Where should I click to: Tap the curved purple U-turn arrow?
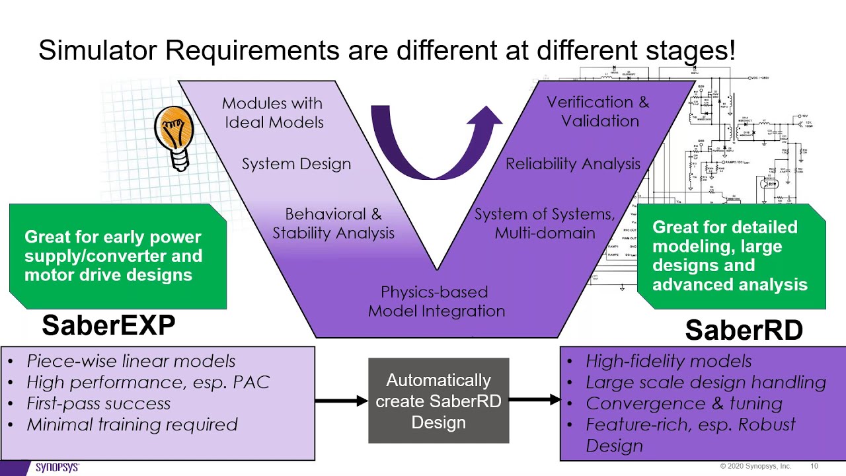point(433,149)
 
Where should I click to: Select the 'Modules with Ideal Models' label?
point(273,112)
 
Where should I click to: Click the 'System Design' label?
point(296,164)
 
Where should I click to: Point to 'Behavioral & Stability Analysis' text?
point(333,223)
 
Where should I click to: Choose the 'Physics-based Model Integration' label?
point(436,301)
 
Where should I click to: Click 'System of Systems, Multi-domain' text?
point(545,223)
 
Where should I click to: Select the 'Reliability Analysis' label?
point(572,164)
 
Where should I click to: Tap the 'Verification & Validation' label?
point(598,111)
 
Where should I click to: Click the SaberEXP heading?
point(108,325)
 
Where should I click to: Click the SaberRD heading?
point(744,330)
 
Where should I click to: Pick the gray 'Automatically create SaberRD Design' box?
point(438,401)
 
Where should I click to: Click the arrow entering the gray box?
point(341,401)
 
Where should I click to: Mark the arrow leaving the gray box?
point(534,399)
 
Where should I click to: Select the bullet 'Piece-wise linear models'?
point(131,361)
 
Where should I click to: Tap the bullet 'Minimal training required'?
point(132,424)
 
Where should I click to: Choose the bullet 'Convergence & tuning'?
point(683,403)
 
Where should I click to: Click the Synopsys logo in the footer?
point(57,467)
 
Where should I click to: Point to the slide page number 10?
point(814,467)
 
